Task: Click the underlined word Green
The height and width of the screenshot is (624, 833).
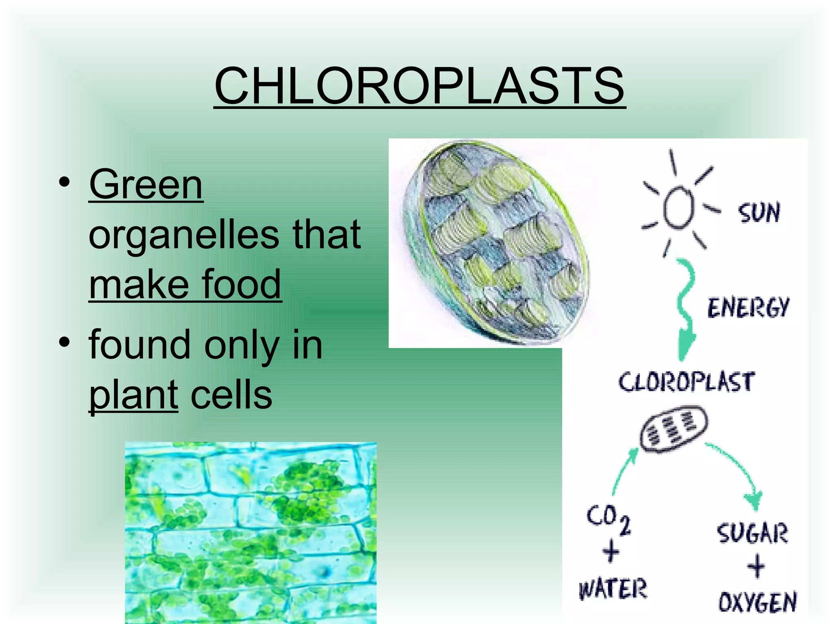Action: [x=146, y=185]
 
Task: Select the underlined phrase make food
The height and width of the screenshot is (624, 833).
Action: [x=185, y=284]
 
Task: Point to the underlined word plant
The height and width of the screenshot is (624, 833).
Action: [x=133, y=394]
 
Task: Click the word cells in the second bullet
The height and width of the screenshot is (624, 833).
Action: [x=231, y=394]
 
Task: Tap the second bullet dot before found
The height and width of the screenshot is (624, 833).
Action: [x=64, y=342]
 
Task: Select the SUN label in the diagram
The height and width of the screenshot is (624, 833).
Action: [x=759, y=213]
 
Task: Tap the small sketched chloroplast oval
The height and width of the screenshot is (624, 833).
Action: [x=674, y=429]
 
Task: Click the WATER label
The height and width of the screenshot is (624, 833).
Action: [x=612, y=589]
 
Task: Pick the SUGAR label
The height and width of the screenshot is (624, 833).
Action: [x=752, y=533]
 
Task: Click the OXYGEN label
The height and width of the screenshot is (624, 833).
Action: [x=757, y=602]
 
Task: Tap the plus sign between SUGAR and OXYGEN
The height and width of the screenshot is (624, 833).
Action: [x=756, y=566]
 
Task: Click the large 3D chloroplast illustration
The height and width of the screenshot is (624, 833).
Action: [x=495, y=243]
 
